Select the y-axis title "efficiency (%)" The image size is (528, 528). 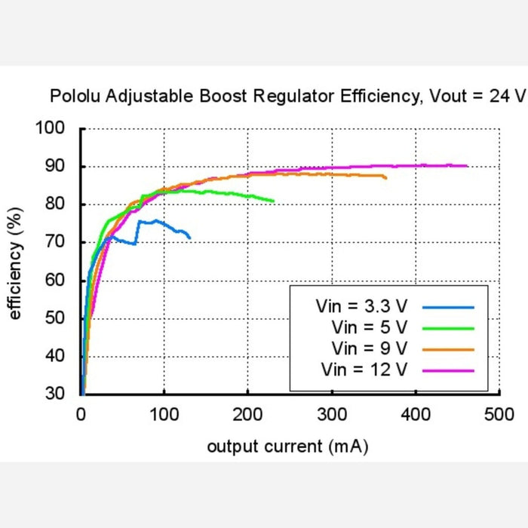point(15,261)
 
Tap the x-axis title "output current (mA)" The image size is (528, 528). point(287,447)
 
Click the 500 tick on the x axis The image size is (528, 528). point(499,414)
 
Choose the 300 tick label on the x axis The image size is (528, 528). point(332,414)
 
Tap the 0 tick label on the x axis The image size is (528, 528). point(81,414)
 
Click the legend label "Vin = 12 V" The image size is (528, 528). point(364,370)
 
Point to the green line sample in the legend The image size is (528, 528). point(448,328)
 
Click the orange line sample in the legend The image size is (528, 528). point(448,349)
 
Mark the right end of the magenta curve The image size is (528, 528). point(467,166)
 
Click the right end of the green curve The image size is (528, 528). point(273,201)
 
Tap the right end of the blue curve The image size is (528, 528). point(189,238)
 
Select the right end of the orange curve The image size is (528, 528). point(386,178)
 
